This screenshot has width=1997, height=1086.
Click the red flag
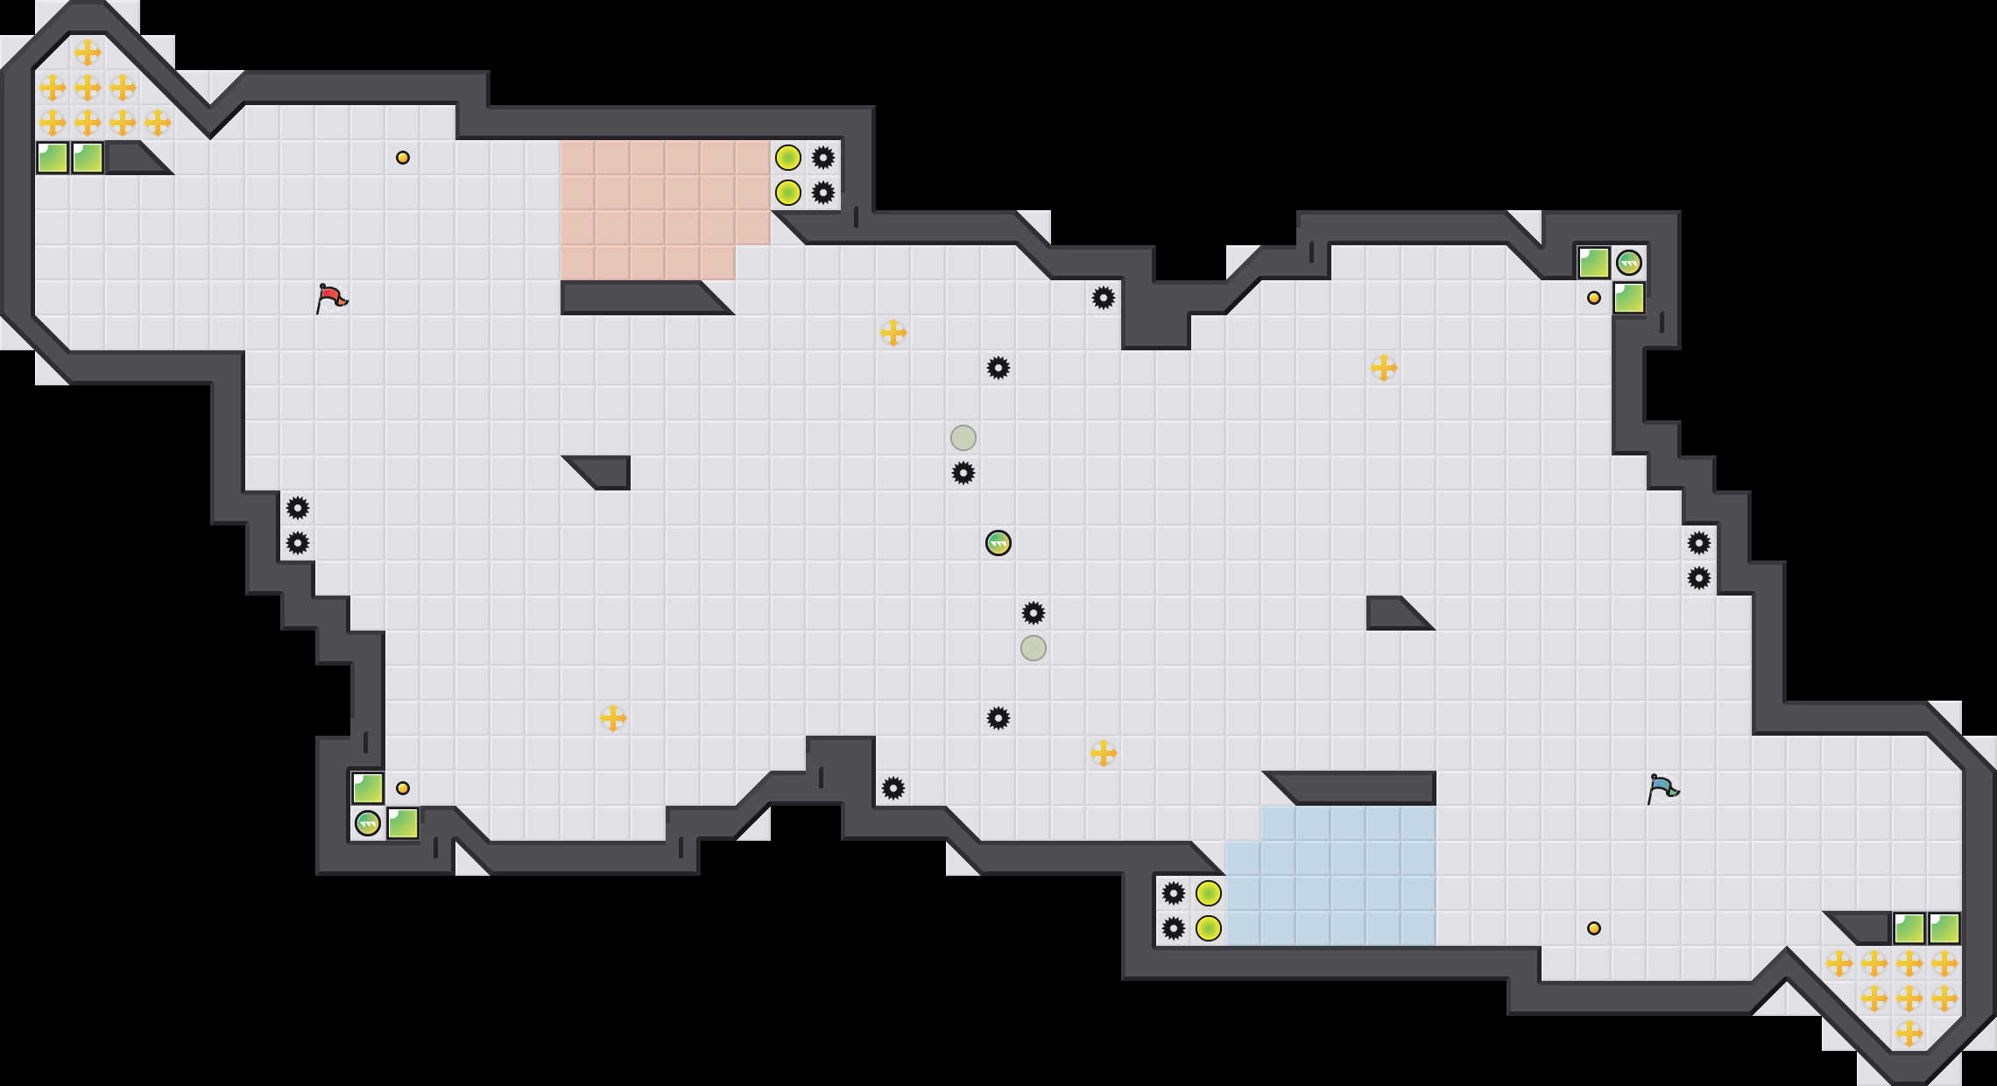pos(331,298)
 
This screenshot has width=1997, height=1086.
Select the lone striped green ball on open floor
pos(998,543)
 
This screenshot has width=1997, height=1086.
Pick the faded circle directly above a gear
pos(963,438)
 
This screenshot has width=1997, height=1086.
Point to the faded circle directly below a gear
pos(1034,648)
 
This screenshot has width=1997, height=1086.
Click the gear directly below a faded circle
pos(963,473)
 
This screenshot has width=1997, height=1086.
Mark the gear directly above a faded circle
pos(1034,613)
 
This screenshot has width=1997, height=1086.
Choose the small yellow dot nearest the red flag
pos(403,158)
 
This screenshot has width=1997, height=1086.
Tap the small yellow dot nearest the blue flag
pos(1594,928)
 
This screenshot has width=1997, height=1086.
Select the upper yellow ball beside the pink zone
pos(788,158)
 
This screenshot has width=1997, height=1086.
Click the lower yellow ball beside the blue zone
pos(1209,928)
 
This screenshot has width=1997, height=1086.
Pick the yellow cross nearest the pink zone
pos(893,333)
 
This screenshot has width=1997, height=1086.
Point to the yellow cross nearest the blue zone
pos(1104,753)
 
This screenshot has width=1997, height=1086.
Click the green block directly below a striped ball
pos(1629,298)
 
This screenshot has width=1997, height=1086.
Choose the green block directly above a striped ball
pos(368,788)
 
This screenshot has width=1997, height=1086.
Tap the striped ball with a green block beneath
pos(1629,263)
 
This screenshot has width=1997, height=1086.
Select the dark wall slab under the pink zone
pos(639,298)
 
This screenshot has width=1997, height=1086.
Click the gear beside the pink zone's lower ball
pos(823,193)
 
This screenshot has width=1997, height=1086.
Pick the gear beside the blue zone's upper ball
pos(1174,893)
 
